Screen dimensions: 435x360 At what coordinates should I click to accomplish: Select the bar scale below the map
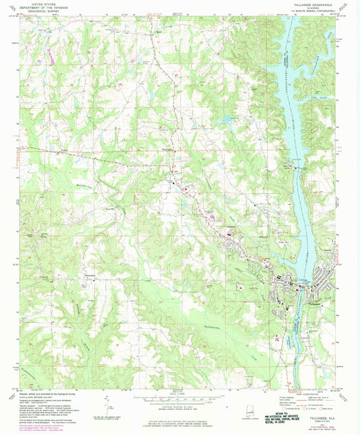pyautogui.click(x=181, y=398)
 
